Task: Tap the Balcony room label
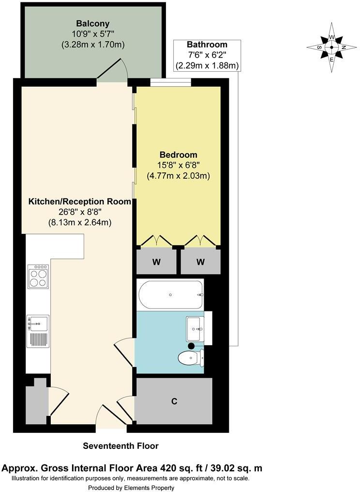93,23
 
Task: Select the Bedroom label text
179,154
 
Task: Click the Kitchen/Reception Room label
80,201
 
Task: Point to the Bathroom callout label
207,45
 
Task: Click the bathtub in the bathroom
170,294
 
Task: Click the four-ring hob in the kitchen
38,276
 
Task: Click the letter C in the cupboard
174,401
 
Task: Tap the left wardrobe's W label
156,262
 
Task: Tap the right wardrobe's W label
200,262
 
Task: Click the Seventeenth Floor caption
120,446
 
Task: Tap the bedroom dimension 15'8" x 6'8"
178,165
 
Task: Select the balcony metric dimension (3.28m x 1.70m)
93,45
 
